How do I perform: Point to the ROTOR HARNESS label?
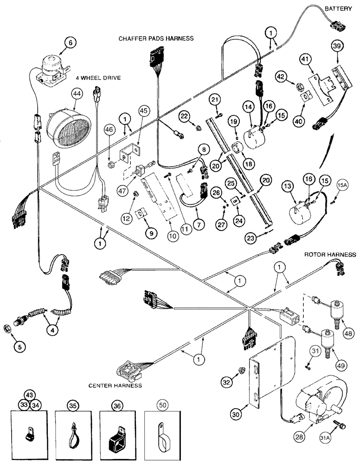point(330,255)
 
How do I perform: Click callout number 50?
point(161,406)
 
